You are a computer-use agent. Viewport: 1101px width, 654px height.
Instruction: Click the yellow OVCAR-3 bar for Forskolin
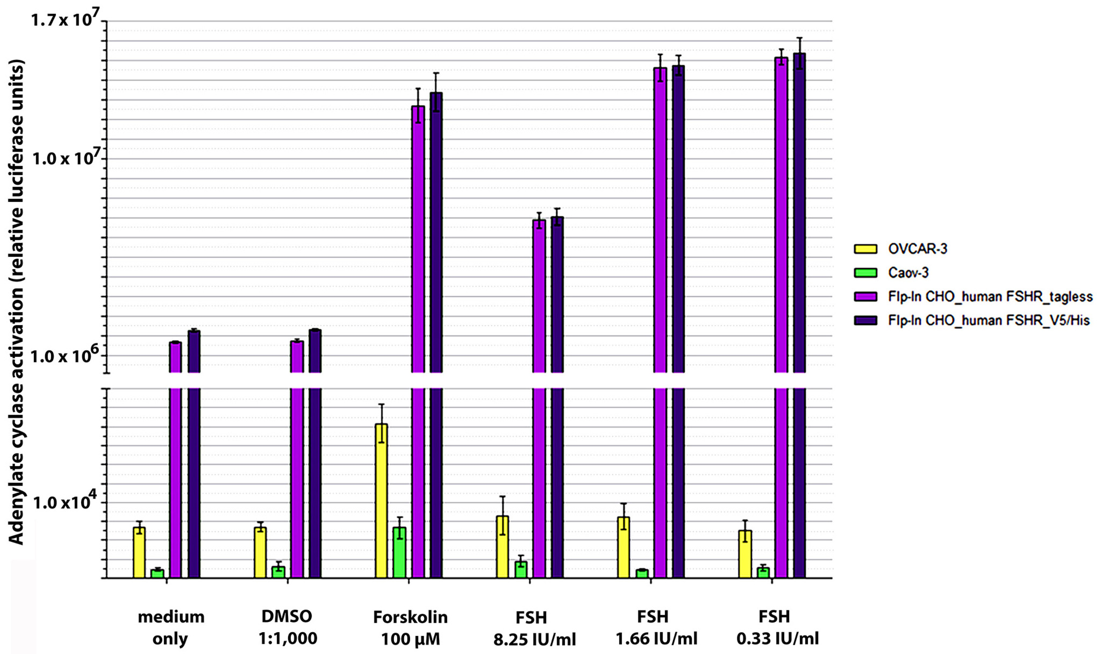tap(381, 500)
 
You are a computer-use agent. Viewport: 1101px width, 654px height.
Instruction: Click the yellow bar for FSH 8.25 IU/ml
tap(502, 547)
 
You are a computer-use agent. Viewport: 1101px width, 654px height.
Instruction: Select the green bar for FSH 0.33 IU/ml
tap(763, 572)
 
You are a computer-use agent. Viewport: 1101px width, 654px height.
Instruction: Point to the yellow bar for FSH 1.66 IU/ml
tap(623, 547)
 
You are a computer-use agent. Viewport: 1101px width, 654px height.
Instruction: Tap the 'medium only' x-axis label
tap(171, 627)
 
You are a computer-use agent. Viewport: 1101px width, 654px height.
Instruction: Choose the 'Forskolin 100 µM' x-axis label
tap(410, 627)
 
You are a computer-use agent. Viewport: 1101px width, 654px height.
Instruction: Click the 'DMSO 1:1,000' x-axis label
tap(287, 627)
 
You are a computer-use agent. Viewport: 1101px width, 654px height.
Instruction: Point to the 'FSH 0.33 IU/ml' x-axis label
tap(778, 627)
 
